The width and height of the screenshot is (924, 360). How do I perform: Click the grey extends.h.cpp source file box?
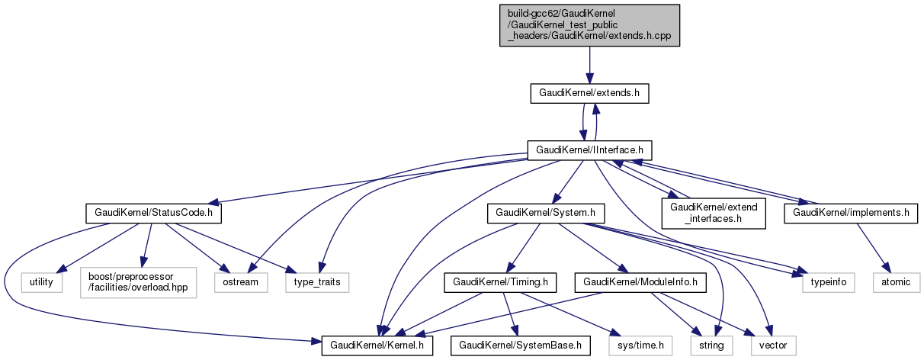click(x=590, y=24)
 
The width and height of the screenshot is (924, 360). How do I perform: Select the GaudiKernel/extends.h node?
click(x=589, y=94)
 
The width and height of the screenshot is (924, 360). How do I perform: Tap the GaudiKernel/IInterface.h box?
click(x=590, y=149)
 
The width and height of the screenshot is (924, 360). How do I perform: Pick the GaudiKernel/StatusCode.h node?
click(x=153, y=214)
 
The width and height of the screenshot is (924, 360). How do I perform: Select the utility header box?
click(x=41, y=281)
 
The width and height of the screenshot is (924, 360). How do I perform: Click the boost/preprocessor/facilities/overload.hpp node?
click(x=137, y=281)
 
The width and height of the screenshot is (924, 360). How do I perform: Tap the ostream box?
click(x=241, y=281)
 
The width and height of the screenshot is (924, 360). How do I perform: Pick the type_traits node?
click(x=318, y=281)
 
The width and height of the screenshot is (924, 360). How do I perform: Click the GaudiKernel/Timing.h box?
click(x=499, y=281)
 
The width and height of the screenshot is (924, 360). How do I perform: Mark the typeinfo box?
click(x=827, y=281)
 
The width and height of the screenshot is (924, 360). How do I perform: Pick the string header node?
click(x=711, y=346)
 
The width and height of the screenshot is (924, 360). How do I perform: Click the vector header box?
click(x=774, y=346)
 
